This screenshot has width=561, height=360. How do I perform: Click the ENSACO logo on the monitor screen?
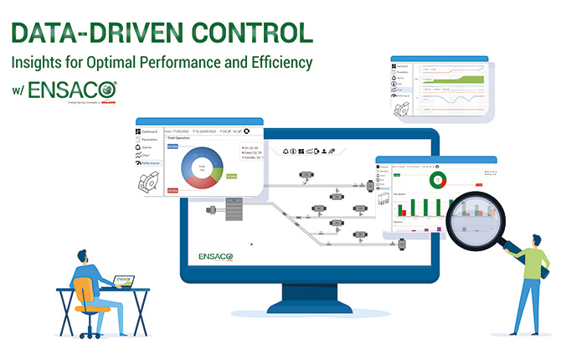pyautogui.click(x=220, y=255)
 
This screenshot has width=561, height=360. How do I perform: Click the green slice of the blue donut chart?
pyautogui.click(x=216, y=173)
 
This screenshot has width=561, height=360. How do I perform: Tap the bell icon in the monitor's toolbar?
pyautogui.click(x=285, y=151)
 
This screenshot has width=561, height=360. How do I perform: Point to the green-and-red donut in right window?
pyautogui.click(x=436, y=178)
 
